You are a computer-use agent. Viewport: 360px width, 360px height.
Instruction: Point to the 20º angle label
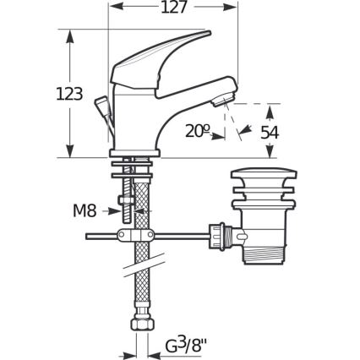(196, 131)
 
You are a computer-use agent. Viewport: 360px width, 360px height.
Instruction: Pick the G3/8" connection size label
(183, 345)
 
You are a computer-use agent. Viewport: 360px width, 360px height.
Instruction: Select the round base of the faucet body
(135, 153)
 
